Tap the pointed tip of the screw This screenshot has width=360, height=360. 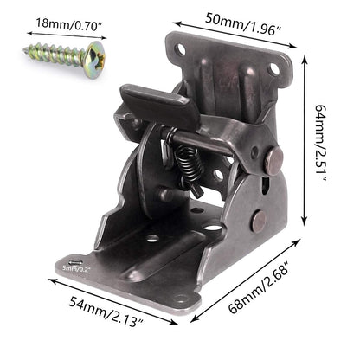(x=26, y=49)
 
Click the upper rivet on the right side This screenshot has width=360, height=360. (x=273, y=160)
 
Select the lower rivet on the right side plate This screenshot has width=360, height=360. (x=258, y=220)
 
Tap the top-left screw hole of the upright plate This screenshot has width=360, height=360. (x=180, y=50)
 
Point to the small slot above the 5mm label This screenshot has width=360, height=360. (x=76, y=261)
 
